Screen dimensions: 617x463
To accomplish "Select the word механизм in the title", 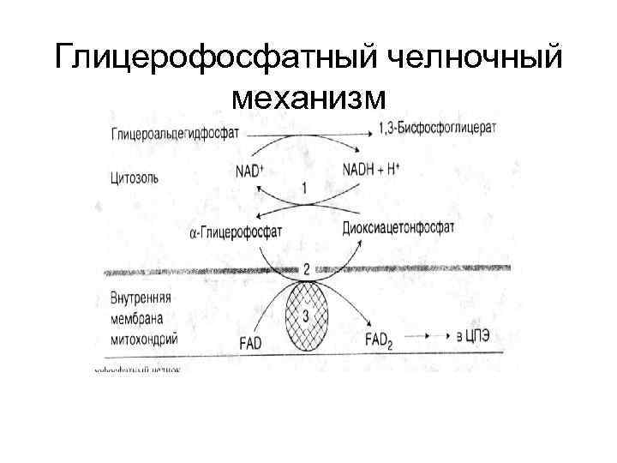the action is [x=308, y=100].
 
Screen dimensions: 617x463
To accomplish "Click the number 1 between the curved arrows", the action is [x=306, y=188].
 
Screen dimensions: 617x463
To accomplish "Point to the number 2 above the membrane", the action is [x=307, y=269].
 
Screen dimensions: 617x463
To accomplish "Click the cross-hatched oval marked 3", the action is [x=306, y=316].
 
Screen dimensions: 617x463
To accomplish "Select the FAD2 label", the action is [x=380, y=340].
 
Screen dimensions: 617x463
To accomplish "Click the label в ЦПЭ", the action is [x=475, y=338].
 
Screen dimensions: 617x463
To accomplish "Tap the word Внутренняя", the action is [x=142, y=300].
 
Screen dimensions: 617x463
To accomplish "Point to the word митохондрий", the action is [x=144, y=337].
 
